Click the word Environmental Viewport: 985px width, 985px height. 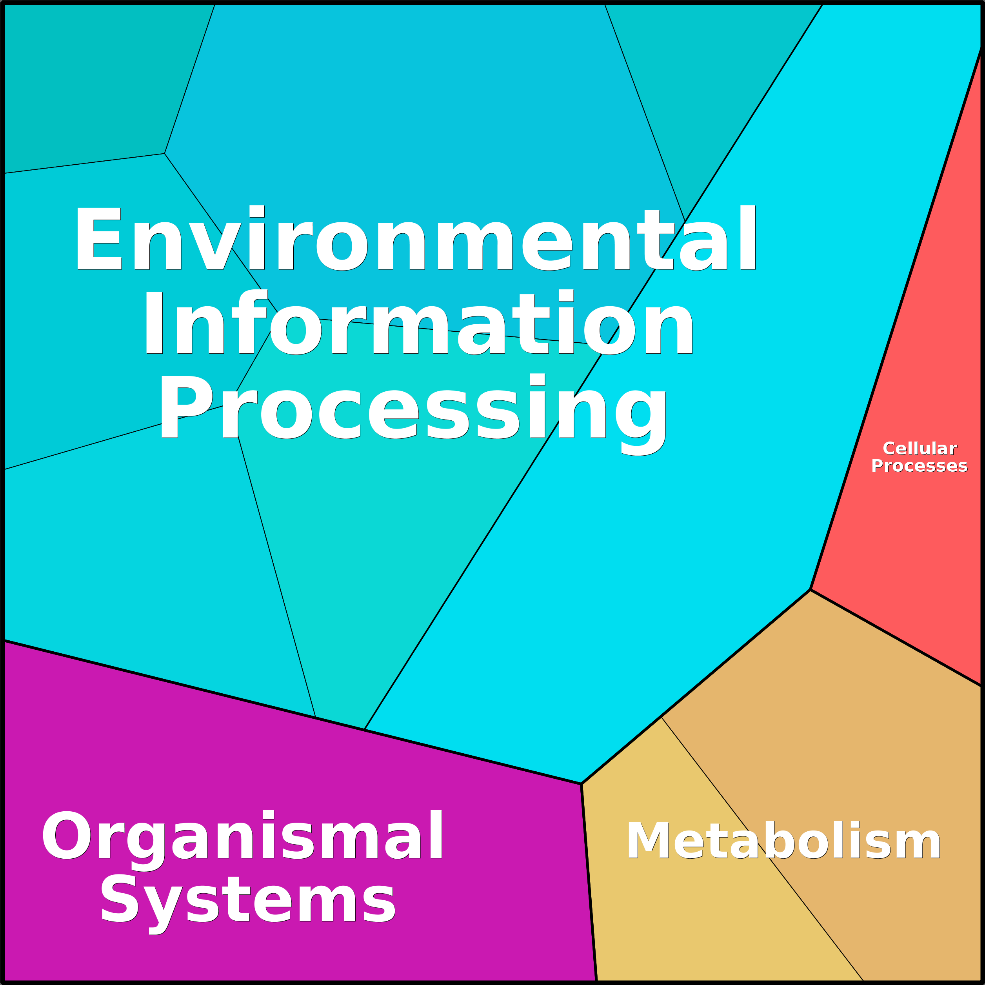point(416,237)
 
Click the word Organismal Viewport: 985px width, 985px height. point(242,835)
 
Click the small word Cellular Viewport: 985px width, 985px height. point(920,449)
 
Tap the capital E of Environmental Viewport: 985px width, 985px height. point(98,238)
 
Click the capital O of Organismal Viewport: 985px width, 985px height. point(67,834)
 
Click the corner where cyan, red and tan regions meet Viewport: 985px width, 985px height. point(811,590)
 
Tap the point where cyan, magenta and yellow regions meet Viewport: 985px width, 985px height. point(581,783)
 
